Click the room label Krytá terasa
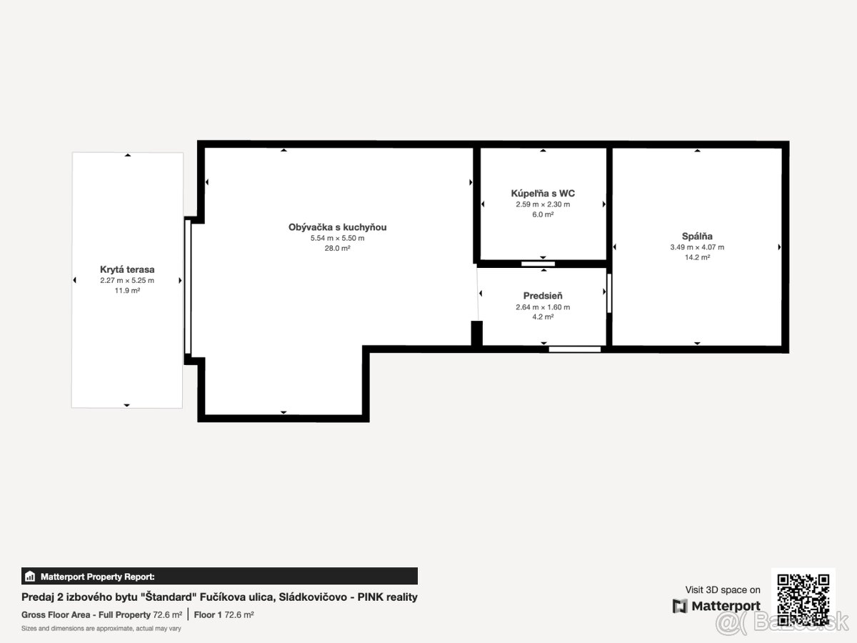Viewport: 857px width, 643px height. pyautogui.click(x=127, y=269)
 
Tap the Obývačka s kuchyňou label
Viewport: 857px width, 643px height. pyautogui.click(x=337, y=227)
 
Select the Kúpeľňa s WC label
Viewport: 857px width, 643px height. pyautogui.click(x=543, y=193)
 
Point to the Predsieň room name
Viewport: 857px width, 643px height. pyautogui.click(x=543, y=296)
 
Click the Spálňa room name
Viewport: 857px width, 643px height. pyautogui.click(x=697, y=236)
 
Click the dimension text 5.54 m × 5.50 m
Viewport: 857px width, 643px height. pyautogui.click(x=337, y=238)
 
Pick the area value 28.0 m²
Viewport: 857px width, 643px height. pyautogui.click(x=337, y=249)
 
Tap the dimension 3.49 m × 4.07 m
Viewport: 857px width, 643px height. pyautogui.click(x=697, y=247)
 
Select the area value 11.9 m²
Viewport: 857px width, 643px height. pyautogui.click(x=127, y=291)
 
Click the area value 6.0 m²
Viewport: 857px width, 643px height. pyautogui.click(x=543, y=214)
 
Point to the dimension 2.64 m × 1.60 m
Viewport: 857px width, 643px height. pyautogui.click(x=543, y=307)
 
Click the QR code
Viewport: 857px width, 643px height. pyautogui.click(x=803, y=599)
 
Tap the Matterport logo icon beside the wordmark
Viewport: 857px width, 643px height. pyautogui.click(x=680, y=606)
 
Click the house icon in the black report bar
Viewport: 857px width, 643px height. pyautogui.click(x=30, y=577)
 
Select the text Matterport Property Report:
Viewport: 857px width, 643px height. pyautogui.click(x=98, y=577)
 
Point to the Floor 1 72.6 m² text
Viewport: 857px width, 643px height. pyautogui.click(x=224, y=615)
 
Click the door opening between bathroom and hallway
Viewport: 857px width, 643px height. pyautogui.click(x=538, y=264)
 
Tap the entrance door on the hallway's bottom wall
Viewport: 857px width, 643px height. pyautogui.click(x=574, y=349)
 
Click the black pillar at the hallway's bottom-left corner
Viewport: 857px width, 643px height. pyautogui.click(x=477, y=333)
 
